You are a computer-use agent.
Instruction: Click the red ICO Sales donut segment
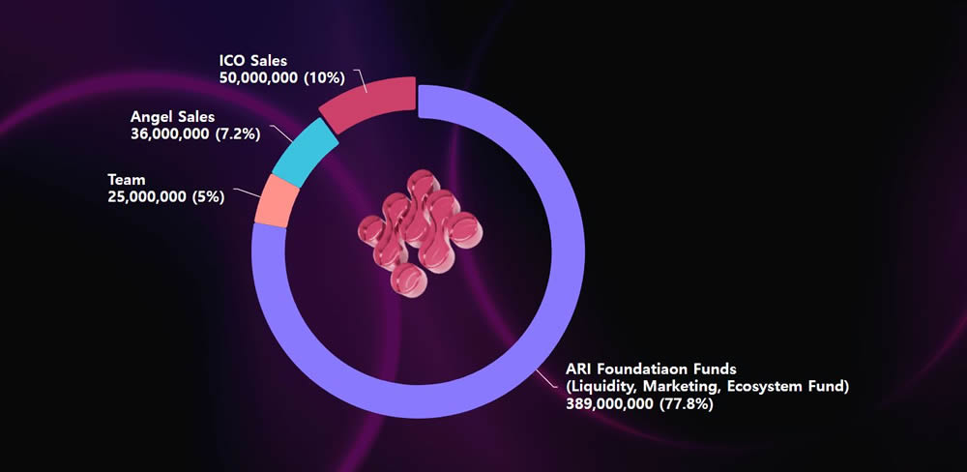(367, 104)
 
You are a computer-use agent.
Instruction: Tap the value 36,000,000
(169, 133)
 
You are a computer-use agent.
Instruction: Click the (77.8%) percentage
(686, 403)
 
